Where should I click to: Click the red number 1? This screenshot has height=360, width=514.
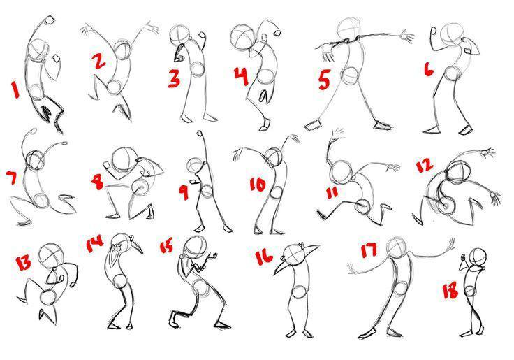point(15,89)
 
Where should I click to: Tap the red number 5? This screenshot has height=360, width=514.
point(324,80)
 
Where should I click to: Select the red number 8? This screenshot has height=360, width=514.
point(98,182)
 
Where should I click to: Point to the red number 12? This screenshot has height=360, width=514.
point(425,166)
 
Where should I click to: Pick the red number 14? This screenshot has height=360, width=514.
point(95,244)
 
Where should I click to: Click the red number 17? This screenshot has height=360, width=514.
point(369,251)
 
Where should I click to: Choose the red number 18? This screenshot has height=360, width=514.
point(450,291)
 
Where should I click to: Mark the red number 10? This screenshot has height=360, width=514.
point(258,185)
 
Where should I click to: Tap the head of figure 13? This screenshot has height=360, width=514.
point(50,256)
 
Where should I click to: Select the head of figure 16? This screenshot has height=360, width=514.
point(294,255)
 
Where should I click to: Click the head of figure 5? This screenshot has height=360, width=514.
point(348,29)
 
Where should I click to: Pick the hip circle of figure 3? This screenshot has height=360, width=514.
point(198,70)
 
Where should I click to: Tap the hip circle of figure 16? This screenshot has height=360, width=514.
point(300,292)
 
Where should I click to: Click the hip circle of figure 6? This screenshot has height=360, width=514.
point(453,73)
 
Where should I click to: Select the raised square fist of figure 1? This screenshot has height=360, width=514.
point(50,20)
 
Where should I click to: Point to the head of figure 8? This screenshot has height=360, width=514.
point(124,159)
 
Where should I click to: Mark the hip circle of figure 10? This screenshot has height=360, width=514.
point(277,192)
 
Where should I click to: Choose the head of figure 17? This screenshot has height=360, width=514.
point(397,247)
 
